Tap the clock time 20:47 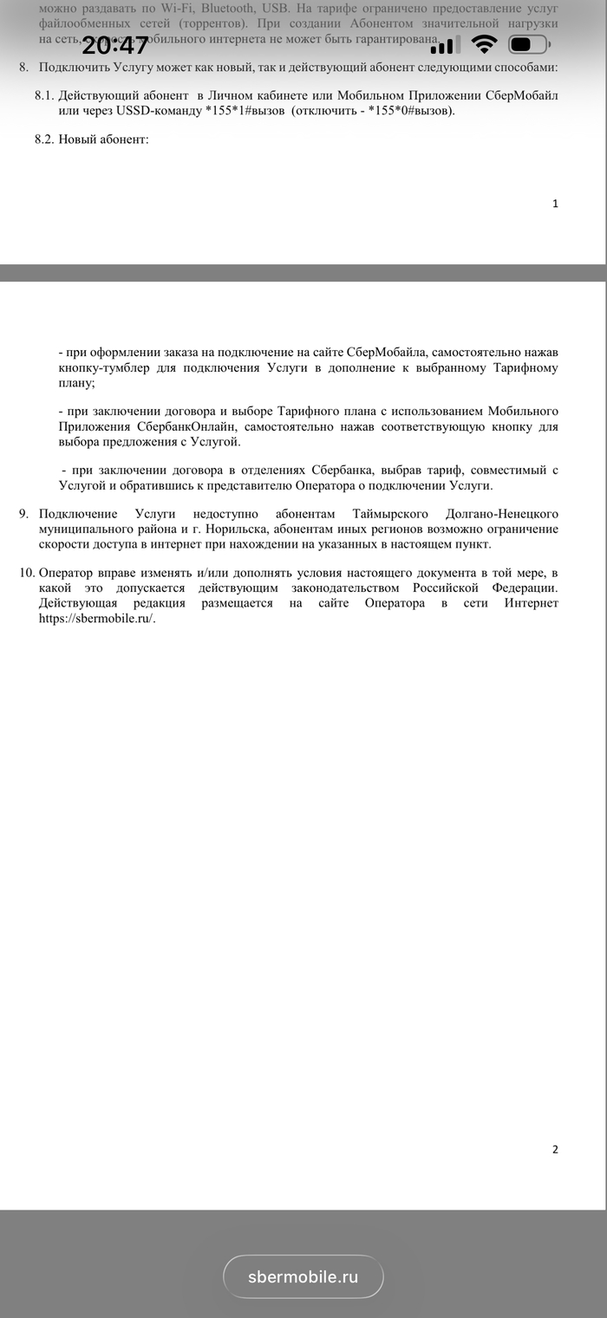(x=115, y=45)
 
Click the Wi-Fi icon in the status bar (x=484, y=45)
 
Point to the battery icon (x=529, y=45)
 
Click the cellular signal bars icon (x=442, y=47)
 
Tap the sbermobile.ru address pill (x=303, y=1276)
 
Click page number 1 (x=555, y=204)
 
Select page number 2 (x=555, y=1150)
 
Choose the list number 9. (x=23, y=514)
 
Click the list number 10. (x=26, y=574)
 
